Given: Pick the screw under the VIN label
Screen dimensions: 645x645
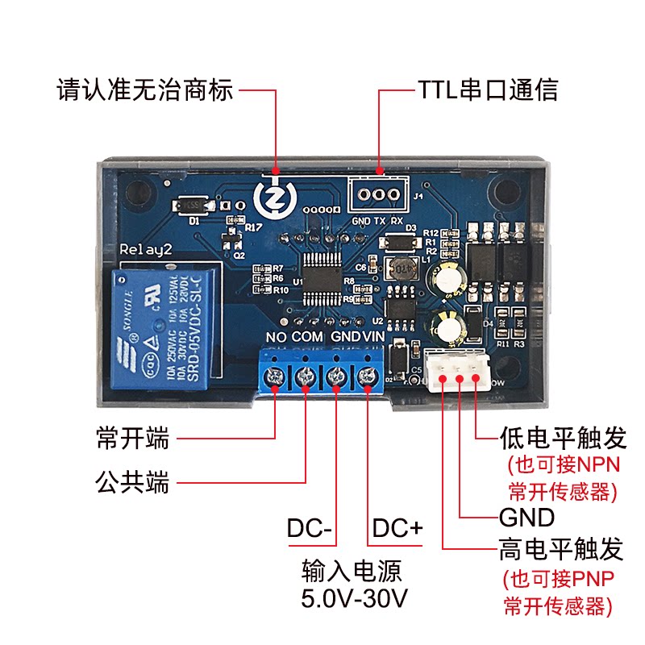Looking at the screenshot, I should point(368,376).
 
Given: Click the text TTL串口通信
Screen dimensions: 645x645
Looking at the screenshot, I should point(487,89).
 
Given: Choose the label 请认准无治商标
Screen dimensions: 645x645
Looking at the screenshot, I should point(145,89).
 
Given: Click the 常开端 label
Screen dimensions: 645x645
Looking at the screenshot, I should point(132,439).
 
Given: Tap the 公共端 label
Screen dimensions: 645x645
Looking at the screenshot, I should point(132,483).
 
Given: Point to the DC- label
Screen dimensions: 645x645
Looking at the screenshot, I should point(310,530).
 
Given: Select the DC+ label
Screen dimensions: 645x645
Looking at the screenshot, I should point(397,530).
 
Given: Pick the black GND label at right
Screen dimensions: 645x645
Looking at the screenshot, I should point(527,517).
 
